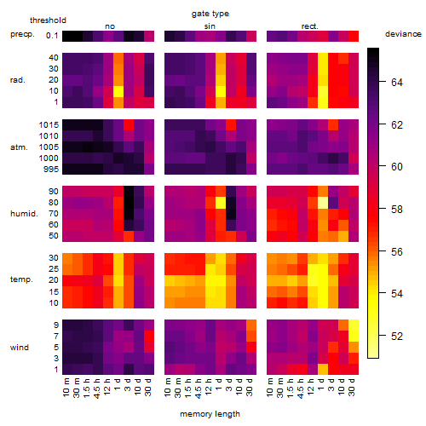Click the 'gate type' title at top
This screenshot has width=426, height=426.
210,14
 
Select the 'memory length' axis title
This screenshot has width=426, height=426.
210,414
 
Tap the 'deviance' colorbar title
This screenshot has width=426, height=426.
403,34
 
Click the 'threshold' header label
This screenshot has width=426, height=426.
48,20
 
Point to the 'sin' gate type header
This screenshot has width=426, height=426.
210,26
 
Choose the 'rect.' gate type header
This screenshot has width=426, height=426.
309,26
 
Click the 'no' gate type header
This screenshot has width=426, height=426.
110,26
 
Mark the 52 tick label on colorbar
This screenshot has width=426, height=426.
397,337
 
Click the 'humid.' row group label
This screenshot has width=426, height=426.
24,214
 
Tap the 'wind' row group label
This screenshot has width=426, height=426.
20,348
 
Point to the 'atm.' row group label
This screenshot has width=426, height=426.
19,147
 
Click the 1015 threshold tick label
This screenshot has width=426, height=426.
49,125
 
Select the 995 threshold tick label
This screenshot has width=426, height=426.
51,170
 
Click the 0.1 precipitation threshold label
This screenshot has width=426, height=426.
52,36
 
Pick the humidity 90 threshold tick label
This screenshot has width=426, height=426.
54,192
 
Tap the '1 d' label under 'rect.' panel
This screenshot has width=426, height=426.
320,384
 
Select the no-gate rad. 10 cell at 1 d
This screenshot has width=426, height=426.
118,91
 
